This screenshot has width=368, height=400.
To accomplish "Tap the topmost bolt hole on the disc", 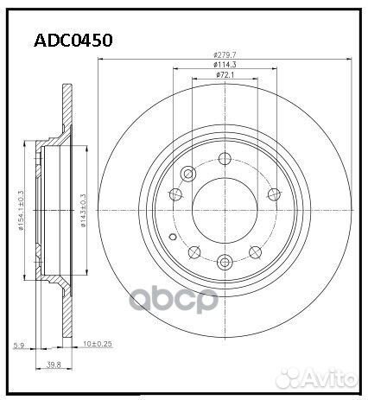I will (x=225, y=157).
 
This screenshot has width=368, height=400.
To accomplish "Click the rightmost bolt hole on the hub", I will (x=275, y=194).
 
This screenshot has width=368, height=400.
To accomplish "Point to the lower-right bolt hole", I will (x=256, y=251).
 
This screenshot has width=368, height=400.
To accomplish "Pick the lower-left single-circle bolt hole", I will (x=195, y=251).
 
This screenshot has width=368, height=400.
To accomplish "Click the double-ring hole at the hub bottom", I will (x=225, y=263).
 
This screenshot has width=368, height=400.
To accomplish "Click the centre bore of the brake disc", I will (x=225, y=210).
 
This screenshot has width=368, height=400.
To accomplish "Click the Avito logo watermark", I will (x=332, y=381).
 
